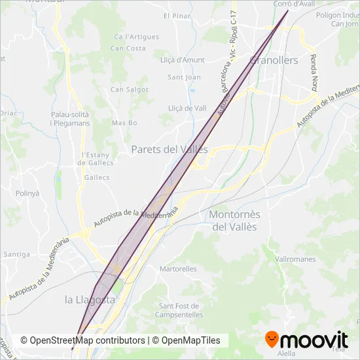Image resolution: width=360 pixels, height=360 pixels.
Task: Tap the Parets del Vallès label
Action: (169, 149)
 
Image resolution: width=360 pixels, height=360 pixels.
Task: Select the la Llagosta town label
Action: (90, 299)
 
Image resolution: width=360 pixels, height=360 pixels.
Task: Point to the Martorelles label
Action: (178, 268)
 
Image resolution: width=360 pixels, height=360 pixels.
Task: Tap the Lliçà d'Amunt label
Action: (183, 60)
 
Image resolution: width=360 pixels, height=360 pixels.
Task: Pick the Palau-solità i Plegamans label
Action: (69, 118)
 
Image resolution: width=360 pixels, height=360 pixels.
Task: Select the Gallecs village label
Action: (98, 177)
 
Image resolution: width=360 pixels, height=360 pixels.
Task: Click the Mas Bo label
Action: (124, 123)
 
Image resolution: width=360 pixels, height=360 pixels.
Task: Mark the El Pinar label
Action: (176, 15)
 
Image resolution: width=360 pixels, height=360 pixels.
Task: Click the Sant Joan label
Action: (185, 77)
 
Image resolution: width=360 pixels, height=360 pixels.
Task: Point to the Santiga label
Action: (16, 254)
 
